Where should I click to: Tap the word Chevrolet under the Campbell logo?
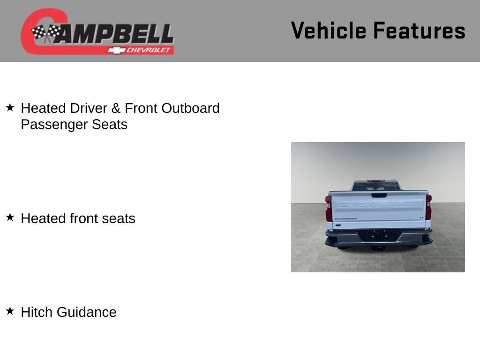(x=149, y=50)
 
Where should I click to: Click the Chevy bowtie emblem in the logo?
(x=116, y=50)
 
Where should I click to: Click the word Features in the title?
(x=419, y=31)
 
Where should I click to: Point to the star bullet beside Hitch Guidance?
(x=10, y=311)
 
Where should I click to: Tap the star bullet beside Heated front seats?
(x=10, y=217)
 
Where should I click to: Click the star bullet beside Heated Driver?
(x=10, y=107)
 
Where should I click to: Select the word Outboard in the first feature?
(x=190, y=108)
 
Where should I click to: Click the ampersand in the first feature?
(x=116, y=108)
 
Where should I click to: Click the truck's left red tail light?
(x=329, y=208)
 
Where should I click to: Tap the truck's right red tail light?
(x=428, y=207)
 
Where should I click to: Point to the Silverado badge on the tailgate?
(x=345, y=218)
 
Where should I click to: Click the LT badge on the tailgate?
(x=421, y=217)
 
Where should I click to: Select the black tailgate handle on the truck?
(x=379, y=195)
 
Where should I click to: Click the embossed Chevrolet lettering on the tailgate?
(x=379, y=205)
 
